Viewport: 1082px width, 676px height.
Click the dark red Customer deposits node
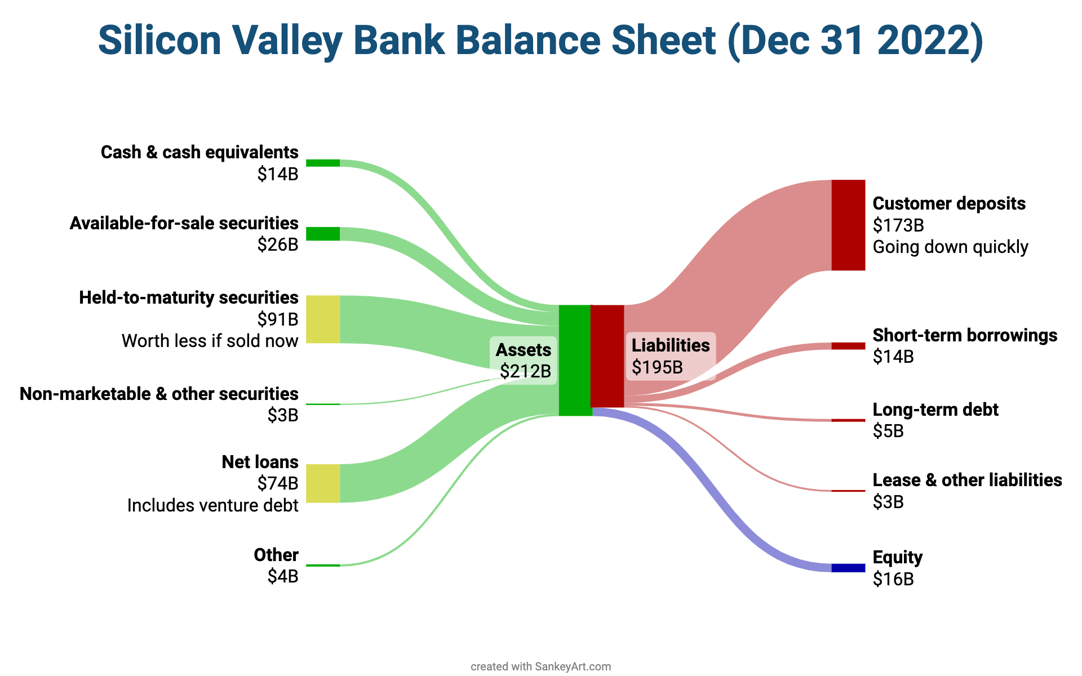point(848,225)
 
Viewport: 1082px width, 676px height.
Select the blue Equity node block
point(848,568)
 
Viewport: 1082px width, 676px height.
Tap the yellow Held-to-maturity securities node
point(323,319)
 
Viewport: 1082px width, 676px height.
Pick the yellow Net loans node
point(323,483)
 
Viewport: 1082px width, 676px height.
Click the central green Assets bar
point(574,361)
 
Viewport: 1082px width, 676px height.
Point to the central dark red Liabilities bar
point(607,356)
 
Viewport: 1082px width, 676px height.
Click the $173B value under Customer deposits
point(898,225)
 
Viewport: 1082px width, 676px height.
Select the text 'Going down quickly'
point(950,247)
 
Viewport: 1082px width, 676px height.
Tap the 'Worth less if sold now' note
point(210,341)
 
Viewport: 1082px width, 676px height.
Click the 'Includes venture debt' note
point(212,505)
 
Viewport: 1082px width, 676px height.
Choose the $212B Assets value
point(525,371)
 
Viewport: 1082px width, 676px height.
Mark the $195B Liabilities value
point(657,367)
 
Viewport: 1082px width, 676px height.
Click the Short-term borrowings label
point(965,335)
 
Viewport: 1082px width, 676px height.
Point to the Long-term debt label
point(935,410)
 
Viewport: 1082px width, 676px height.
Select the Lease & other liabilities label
point(967,480)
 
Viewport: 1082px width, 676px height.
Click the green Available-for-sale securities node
point(323,234)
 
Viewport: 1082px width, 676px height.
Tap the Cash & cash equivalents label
point(199,152)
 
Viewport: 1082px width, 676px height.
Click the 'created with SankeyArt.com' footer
point(540,666)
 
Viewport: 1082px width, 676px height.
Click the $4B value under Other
point(283,576)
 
